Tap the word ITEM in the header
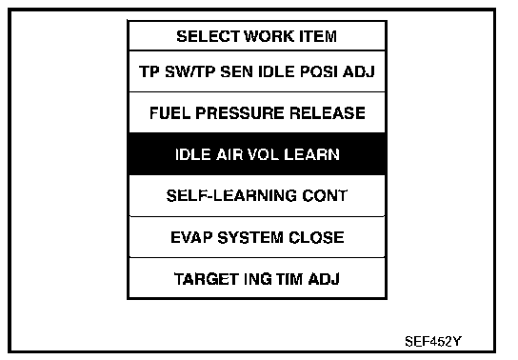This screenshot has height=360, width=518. click(318, 36)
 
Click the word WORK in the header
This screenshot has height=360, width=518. click(269, 36)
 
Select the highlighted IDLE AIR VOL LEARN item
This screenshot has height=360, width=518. click(257, 154)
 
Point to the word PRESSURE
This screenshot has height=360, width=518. click(240, 113)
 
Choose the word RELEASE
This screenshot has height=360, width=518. click(328, 113)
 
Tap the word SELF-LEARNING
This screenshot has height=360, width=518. click(227, 195)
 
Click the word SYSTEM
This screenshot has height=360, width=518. click(250, 237)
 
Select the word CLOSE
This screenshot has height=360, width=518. click(316, 237)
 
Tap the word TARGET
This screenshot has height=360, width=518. click(207, 279)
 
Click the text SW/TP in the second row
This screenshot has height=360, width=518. click(189, 71)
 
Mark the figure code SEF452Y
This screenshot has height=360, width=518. click(433, 341)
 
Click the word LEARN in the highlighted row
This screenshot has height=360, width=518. click(311, 154)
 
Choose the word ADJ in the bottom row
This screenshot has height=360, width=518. click(324, 279)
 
